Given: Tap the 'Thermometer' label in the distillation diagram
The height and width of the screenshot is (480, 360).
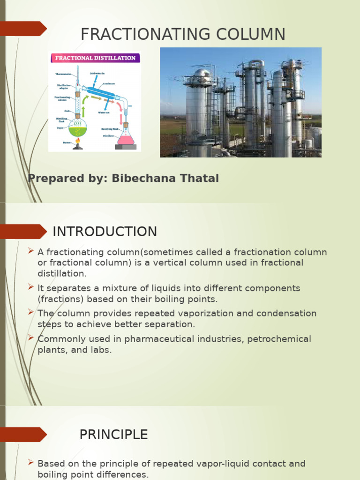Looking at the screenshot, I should click(63, 74).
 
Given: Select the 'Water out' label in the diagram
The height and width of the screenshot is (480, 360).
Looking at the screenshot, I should click(104, 112).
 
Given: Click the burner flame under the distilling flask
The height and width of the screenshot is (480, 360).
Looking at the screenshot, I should click(78, 140).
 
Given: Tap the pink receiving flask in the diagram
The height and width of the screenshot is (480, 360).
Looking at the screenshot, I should click(126, 137).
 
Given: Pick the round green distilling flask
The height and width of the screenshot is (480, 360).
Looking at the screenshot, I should click(78, 127).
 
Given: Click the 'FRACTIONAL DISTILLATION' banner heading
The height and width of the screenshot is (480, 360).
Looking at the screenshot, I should click(96, 58).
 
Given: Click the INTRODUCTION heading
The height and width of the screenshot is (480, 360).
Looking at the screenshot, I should click(105, 232).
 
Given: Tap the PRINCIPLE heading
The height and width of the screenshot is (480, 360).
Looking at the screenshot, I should click(113, 435).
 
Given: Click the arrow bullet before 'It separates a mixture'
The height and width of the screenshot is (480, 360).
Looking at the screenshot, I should click(31, 287).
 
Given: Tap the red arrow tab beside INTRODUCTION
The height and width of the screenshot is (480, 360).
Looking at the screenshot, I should click(23, 232).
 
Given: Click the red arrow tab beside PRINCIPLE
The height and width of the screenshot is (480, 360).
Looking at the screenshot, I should click(23, 435).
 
